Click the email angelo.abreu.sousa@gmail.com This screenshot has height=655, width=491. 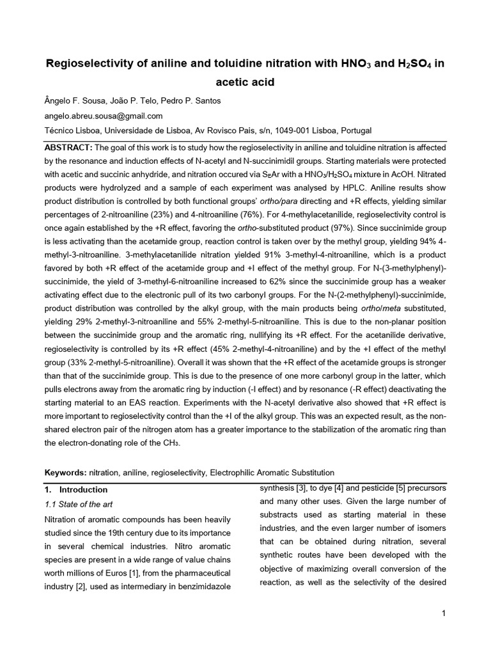coord(103,116)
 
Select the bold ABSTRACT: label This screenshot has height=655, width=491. coord(68,148)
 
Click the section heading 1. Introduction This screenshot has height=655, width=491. coord(74,489)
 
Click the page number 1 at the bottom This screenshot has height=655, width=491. coord(443,614)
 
